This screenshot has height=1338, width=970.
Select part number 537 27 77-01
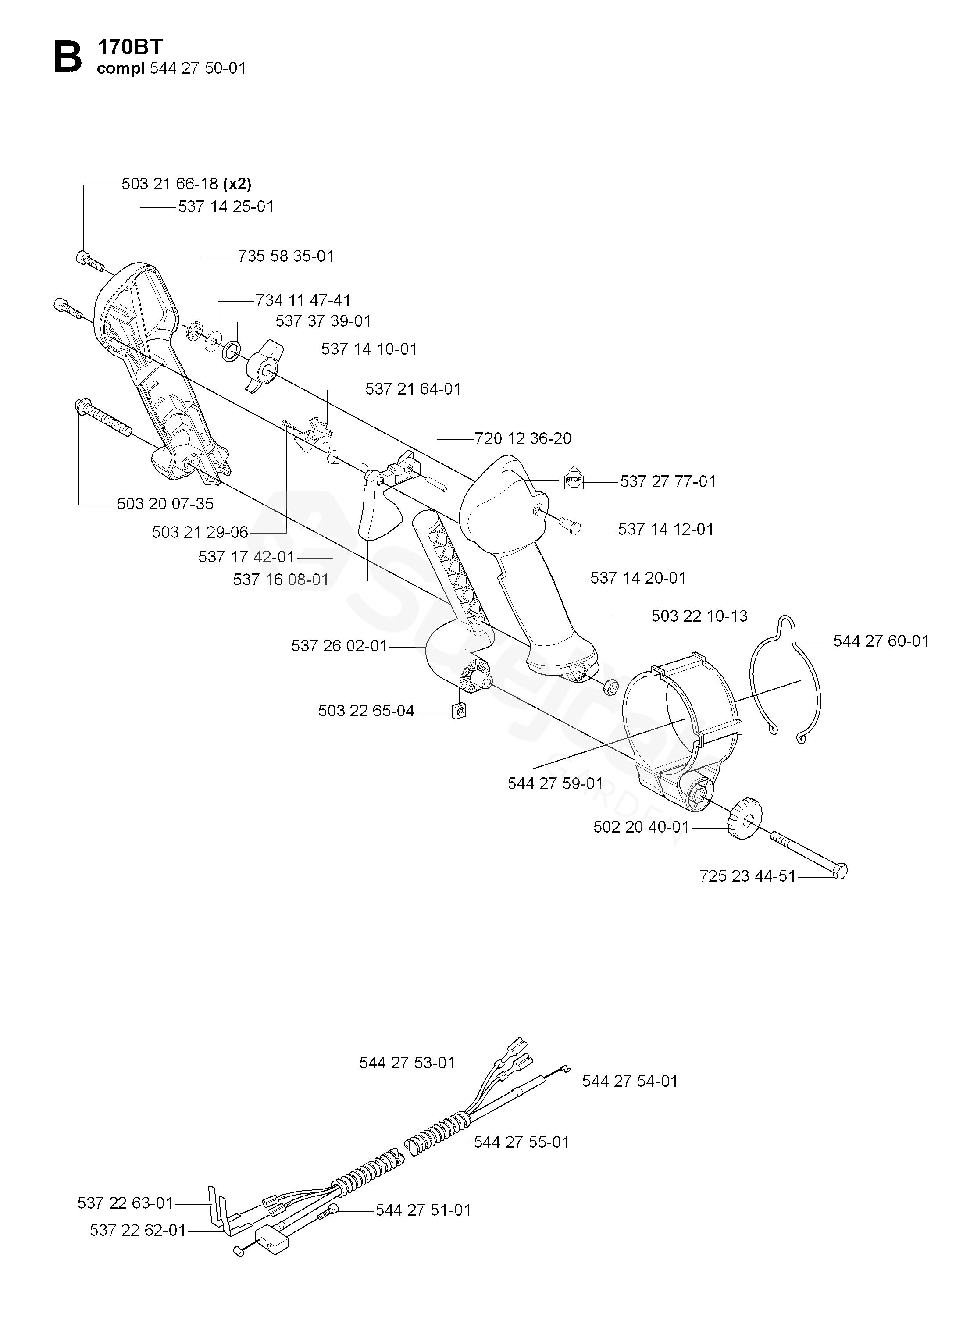point(668,482)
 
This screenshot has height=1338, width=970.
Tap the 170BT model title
point(130,46)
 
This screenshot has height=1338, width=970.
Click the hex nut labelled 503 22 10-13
point(611,686)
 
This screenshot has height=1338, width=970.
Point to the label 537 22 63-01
point(125,1203)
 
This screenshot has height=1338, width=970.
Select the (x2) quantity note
point(237,184)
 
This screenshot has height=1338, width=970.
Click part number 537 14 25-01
point(226,207)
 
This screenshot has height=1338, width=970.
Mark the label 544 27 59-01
point(555,783)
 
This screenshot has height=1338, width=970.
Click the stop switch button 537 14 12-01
point(572,524)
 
